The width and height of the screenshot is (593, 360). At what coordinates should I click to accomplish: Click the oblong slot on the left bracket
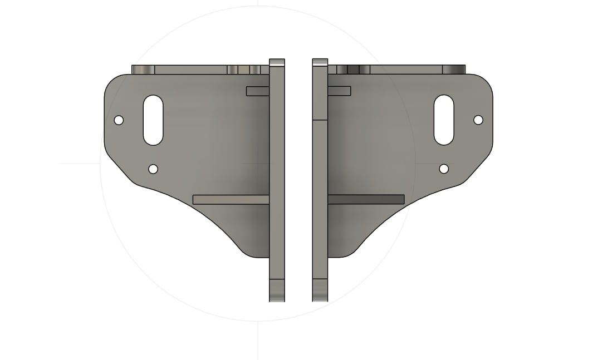(153, 120)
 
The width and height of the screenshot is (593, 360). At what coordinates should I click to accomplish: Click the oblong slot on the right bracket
(444, 120)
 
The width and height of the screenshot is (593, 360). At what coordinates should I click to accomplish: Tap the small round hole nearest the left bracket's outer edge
(118, 120)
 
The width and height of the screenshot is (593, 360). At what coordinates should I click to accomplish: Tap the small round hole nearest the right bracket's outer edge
(478, 120)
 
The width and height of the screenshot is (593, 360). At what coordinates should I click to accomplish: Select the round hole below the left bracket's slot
(153, 169)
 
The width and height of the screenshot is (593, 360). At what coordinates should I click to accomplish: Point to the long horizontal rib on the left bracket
(231, 199)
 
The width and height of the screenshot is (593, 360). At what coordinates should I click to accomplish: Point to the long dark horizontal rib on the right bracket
(366, 199)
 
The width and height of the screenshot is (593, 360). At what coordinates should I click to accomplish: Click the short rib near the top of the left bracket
(258, 91)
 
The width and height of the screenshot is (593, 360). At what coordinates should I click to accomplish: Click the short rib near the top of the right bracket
(339, 91)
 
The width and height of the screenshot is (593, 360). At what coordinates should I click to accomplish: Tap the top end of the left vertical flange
(277, 62)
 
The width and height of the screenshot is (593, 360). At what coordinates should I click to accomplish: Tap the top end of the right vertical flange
(320, 62)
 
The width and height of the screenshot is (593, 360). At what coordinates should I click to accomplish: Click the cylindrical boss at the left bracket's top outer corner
(143, 70)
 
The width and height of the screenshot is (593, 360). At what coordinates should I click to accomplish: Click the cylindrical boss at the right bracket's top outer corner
(453, 70)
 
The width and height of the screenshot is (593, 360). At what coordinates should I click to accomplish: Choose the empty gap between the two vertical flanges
(298, 178)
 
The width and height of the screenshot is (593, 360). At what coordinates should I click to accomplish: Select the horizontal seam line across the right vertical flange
(320, 120)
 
